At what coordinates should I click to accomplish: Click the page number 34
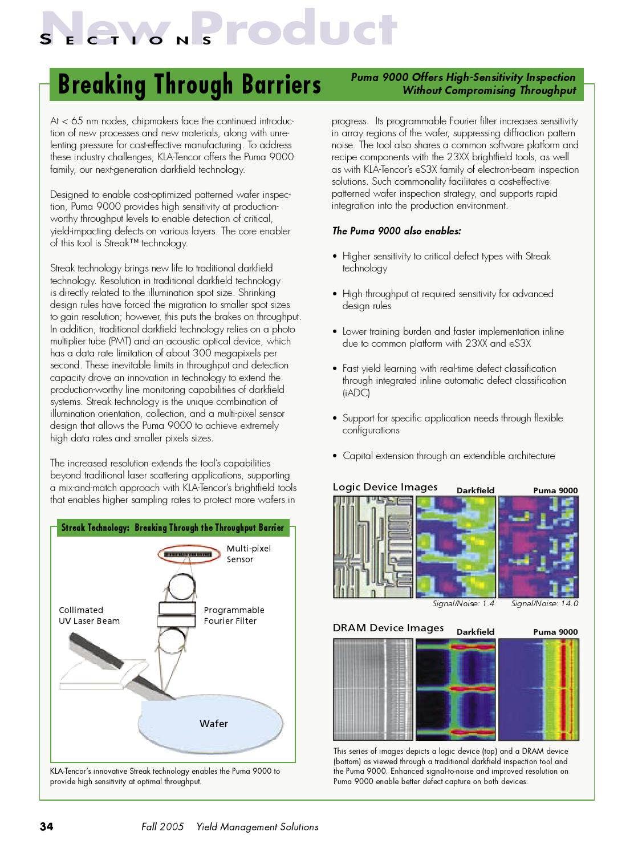[46, 826]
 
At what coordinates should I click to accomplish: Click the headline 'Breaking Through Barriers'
[189, 84]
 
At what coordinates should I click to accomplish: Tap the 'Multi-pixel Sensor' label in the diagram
[249, 554]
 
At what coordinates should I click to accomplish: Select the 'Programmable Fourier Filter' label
[234, 615]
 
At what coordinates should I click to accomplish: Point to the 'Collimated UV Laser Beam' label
[89, 615]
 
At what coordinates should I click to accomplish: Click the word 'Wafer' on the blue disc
[214, 724]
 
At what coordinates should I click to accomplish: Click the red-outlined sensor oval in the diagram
[188, 554]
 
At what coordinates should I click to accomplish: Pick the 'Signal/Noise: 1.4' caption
[463, 603]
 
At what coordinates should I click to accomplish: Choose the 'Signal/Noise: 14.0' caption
[544, 603]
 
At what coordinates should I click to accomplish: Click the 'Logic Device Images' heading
[385, 487]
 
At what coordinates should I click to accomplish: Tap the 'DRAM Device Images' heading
[388, 628]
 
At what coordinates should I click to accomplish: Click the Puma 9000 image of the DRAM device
[538, 689]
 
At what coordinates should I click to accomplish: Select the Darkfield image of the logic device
[456, 547]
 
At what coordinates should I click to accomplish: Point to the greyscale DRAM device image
[373, 689]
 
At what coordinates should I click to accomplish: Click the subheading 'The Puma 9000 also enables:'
[396, 231]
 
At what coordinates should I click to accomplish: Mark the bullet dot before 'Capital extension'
[335, 456]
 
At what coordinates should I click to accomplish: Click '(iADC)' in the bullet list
[356, 393]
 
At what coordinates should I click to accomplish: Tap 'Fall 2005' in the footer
[162, 826]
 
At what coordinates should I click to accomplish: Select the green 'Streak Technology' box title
[172, 528]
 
